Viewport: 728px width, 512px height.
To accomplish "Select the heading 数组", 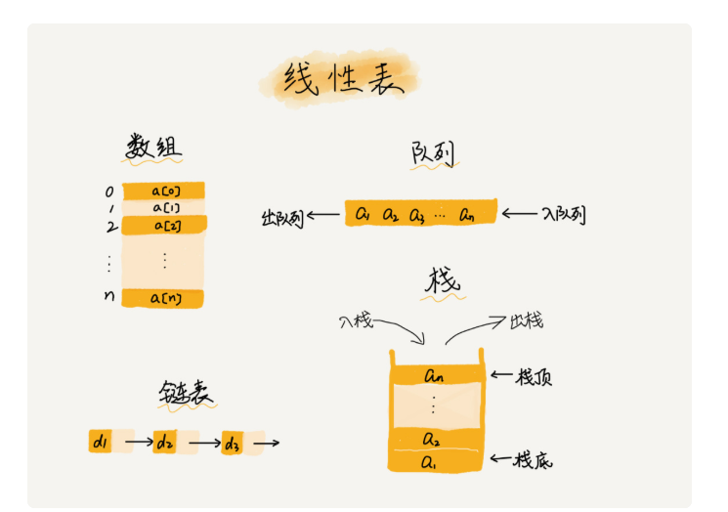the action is [x=153, y=148].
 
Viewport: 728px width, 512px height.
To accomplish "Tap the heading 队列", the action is [x=433, y=153].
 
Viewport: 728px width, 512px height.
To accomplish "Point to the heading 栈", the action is [x=443, y=280].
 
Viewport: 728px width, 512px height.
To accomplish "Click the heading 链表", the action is [x=186, y=394].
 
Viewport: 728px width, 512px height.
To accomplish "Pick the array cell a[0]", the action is [x=163, y=191].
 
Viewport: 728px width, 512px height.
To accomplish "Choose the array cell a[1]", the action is [x=163, y=208].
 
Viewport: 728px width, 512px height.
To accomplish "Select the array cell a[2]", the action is [x=164, y=226].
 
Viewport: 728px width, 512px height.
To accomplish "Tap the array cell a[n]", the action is [x=162, y=298].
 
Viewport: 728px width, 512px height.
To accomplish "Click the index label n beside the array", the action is [x=109, y=295].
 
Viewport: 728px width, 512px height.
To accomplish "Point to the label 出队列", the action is [x=282, y=218].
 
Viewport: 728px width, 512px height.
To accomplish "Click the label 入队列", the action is [x=564, y=214].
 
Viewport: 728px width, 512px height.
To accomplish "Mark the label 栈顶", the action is [x=534, y=377].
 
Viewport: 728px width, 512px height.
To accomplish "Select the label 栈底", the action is [x=533, y=460].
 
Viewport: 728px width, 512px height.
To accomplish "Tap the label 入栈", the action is [x=356, y=320].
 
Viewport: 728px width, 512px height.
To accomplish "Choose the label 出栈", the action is [x=527, y=320].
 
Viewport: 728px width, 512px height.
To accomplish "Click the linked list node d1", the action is [x=101, y=441].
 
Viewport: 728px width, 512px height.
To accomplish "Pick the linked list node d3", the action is [x=233, y=443].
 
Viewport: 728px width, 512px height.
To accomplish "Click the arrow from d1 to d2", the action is [x=140, y=442].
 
